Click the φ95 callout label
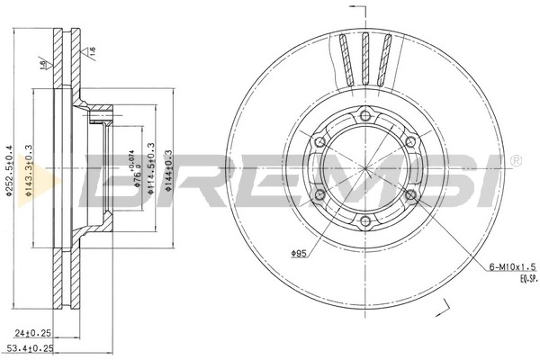tap(301, 253)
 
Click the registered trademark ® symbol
tap(514, 160)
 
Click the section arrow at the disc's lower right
tap(443, 310)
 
